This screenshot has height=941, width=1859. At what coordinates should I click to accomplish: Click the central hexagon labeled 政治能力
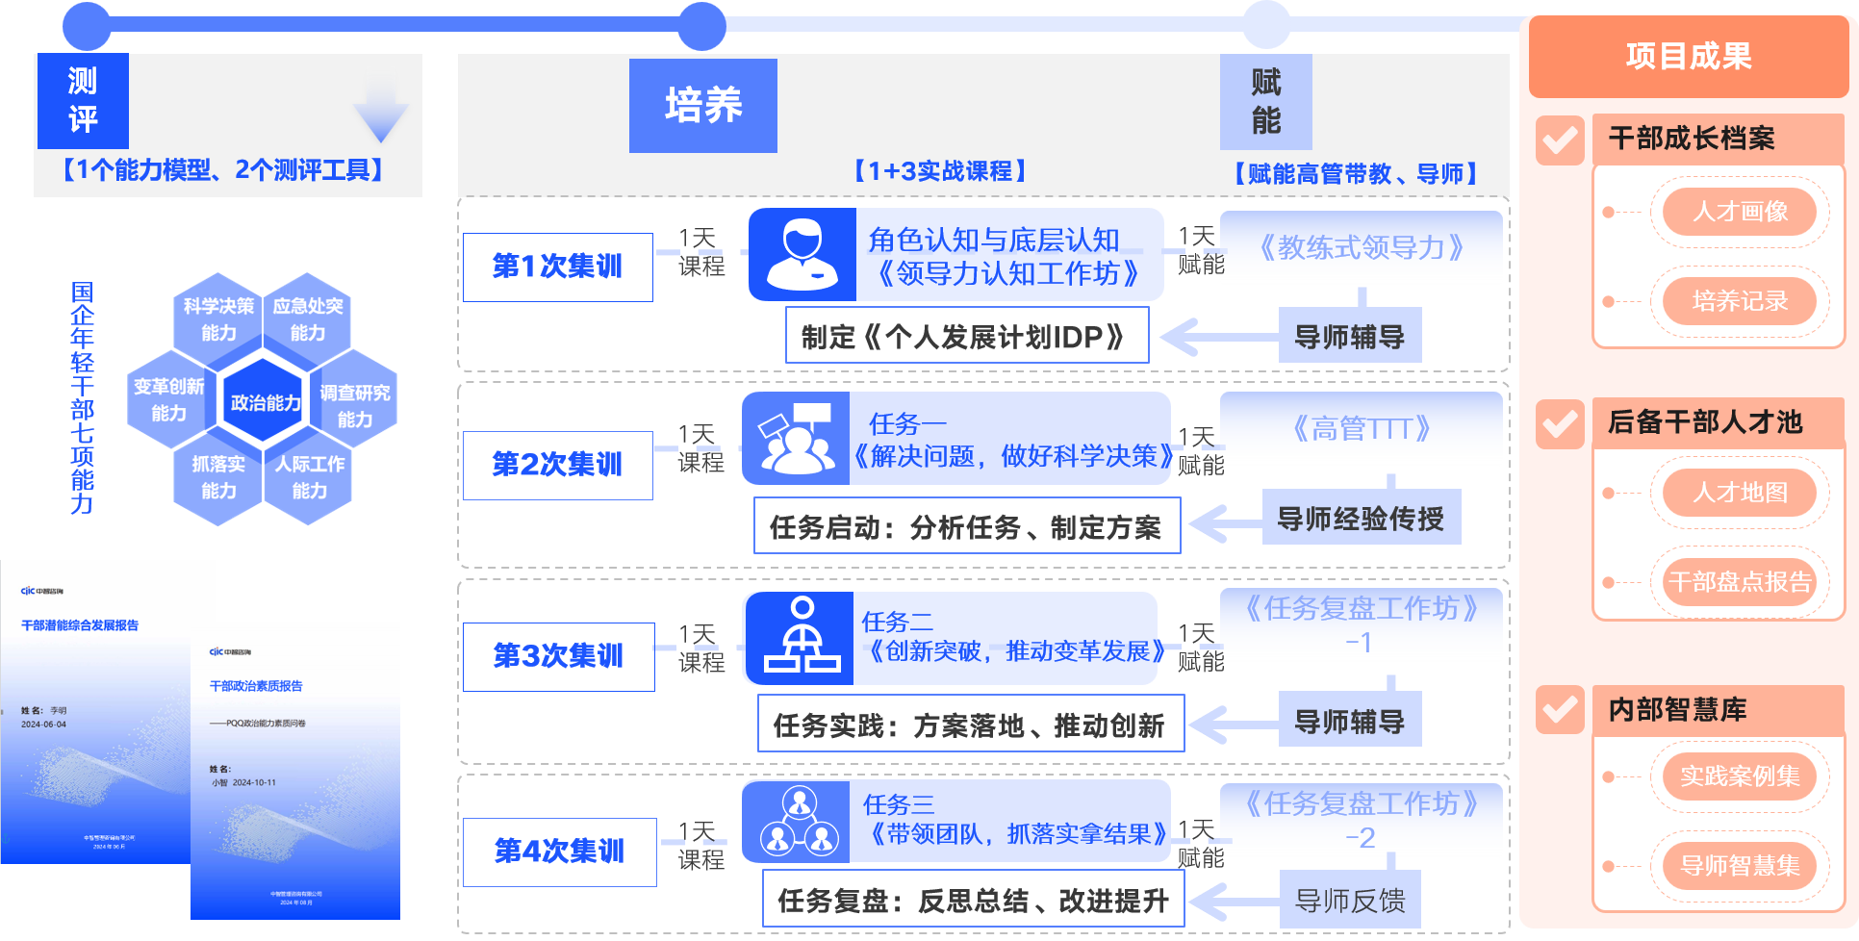pos(265,402)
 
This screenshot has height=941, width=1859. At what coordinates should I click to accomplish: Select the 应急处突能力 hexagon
pos(308,318)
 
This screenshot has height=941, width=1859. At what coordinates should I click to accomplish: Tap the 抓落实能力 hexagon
pos(218,477)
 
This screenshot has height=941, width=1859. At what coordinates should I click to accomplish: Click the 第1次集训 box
pos(557,267)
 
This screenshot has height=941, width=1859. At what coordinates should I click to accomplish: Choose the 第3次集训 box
pos(558,656)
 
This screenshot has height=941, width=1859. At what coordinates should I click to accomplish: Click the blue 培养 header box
pos(702,106)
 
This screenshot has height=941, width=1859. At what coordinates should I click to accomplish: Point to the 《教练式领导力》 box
pos(1361,248)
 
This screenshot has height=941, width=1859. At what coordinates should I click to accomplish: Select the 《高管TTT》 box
pos(1361,429)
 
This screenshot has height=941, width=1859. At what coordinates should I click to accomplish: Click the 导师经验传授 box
pos(1361,519)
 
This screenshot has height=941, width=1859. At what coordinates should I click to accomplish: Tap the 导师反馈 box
pos(1349,901)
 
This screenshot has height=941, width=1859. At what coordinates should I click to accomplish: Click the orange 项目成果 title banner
pos(1688,57)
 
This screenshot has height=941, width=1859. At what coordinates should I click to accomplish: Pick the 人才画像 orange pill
pos(1740,212)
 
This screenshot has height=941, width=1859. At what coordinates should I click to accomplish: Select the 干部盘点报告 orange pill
pos(1740,582)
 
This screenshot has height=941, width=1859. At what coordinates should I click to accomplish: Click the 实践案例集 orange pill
pos(1740,776)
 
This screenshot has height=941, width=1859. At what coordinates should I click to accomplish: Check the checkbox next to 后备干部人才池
pos(1560,423)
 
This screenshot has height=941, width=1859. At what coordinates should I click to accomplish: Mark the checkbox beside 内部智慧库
pos(1560,710)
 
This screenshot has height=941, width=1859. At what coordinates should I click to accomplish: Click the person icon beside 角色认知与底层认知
pos(802,255)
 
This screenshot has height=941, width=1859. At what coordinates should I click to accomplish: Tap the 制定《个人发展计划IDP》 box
pos(966,337)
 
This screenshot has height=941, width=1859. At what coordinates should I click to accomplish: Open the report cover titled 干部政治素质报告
pos(295,770)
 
